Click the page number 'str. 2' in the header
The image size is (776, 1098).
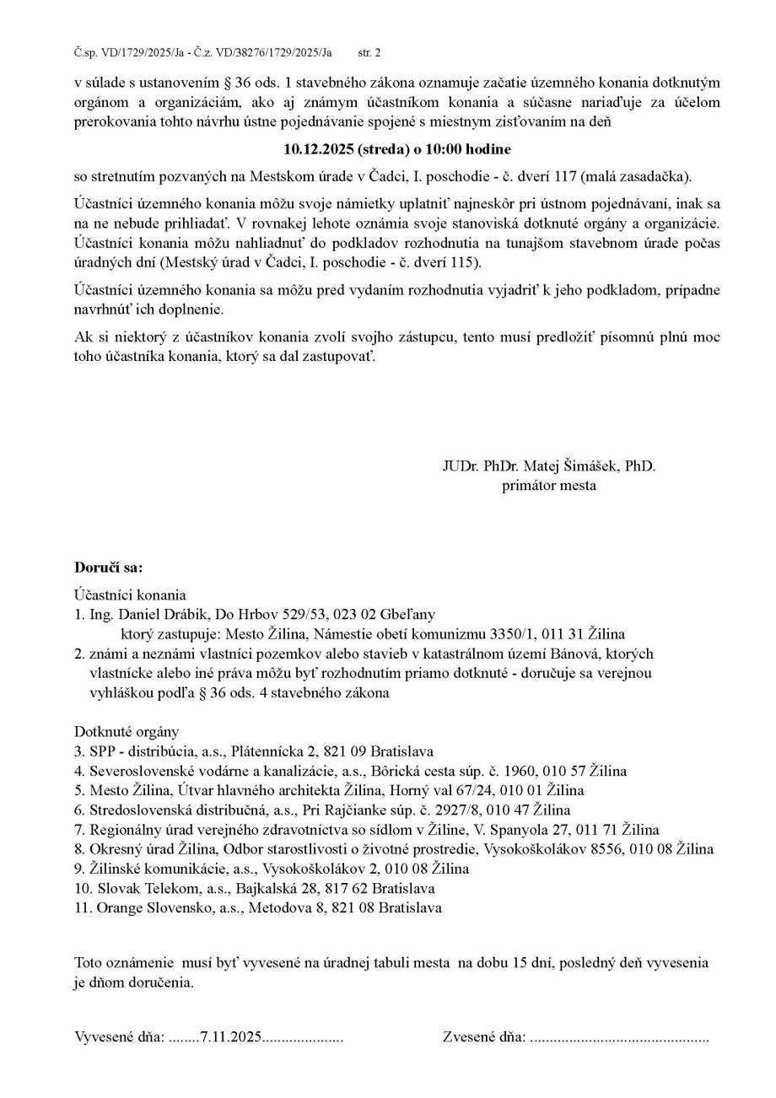coord(369,52)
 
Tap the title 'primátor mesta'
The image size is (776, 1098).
coord(549,485)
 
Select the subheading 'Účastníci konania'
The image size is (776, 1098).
coord(130,595)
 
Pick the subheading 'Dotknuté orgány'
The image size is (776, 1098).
coord(127,731)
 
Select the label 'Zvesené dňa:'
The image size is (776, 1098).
coord(484,1037)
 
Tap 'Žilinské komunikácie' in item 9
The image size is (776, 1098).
coord(148,869)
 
